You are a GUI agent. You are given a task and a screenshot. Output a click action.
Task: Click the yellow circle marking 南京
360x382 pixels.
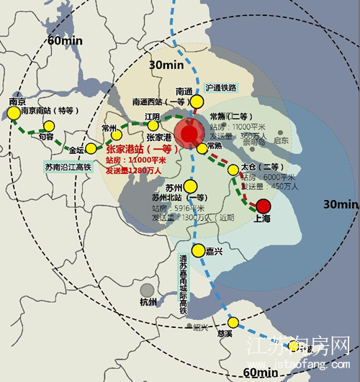14,113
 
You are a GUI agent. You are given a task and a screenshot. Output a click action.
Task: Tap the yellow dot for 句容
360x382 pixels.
49,127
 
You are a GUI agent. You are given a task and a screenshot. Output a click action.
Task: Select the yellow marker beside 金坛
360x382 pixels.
91,149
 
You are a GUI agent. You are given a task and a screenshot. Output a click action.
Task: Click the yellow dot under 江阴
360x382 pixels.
153,126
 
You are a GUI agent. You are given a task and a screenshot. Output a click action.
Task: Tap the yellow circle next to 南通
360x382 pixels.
197,102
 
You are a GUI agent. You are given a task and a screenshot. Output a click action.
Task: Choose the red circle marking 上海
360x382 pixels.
263,206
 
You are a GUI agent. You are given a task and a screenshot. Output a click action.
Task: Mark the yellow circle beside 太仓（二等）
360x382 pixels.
233,170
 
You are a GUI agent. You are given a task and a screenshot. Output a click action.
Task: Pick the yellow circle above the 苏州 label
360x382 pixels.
190,187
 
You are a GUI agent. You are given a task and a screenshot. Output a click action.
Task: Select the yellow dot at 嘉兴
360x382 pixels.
191,252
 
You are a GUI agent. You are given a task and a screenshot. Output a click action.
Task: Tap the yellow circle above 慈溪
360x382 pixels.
233,322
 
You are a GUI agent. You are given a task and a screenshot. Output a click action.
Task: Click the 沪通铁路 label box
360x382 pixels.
220,87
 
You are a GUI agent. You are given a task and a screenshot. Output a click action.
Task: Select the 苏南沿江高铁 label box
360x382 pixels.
68,167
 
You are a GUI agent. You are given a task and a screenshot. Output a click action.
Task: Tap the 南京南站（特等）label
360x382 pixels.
48,111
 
